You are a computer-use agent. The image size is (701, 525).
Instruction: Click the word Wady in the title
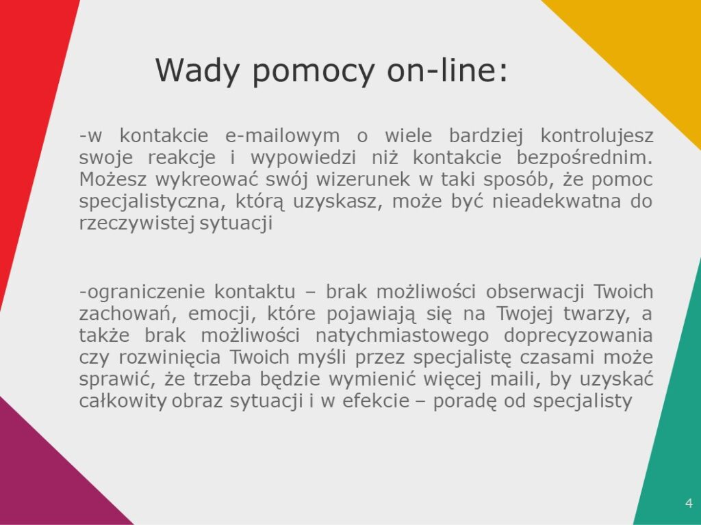pyautogui.click(x=197, y=70)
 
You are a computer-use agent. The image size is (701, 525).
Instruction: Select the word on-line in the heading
pyautogui.click(x=448, y=70)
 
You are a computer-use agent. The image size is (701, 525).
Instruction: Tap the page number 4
pyautogui.click(x=689, y=503)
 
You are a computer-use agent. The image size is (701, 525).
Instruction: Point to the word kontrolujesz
pyautogui.click(x=597, y=136)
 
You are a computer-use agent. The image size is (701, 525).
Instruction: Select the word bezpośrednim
pyautogui.click(x=585, y=158)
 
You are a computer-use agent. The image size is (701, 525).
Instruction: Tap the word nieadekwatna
pyautogui.click(x=557, y=201)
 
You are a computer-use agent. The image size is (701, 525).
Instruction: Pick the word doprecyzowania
pyautogui.click(x=578, y=336)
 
